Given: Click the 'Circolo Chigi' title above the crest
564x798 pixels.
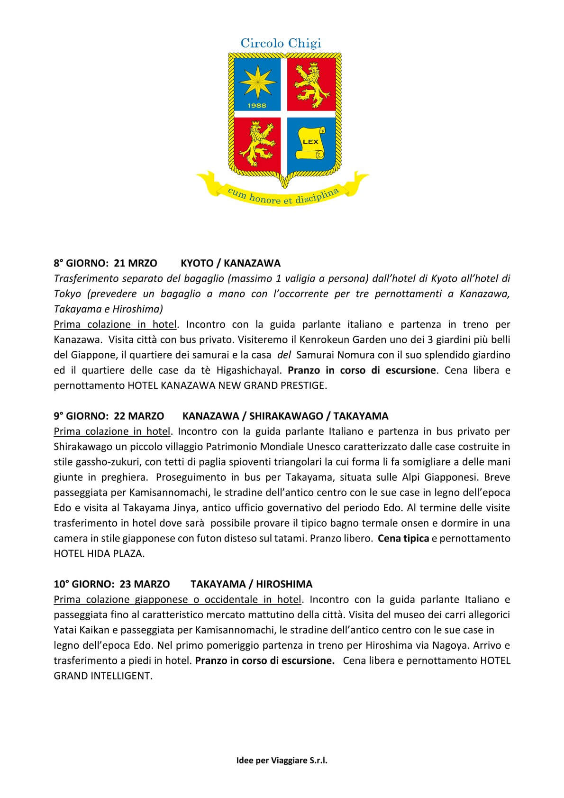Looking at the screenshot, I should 281,43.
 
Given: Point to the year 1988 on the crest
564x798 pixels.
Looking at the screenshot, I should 256,106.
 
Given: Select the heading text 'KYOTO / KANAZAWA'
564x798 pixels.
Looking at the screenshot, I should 231,263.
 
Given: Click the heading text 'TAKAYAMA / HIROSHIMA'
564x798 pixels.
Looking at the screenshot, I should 251,584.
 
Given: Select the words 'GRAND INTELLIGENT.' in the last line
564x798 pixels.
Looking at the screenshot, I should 103,676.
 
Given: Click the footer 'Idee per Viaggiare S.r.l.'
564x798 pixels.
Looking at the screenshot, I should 282,761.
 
